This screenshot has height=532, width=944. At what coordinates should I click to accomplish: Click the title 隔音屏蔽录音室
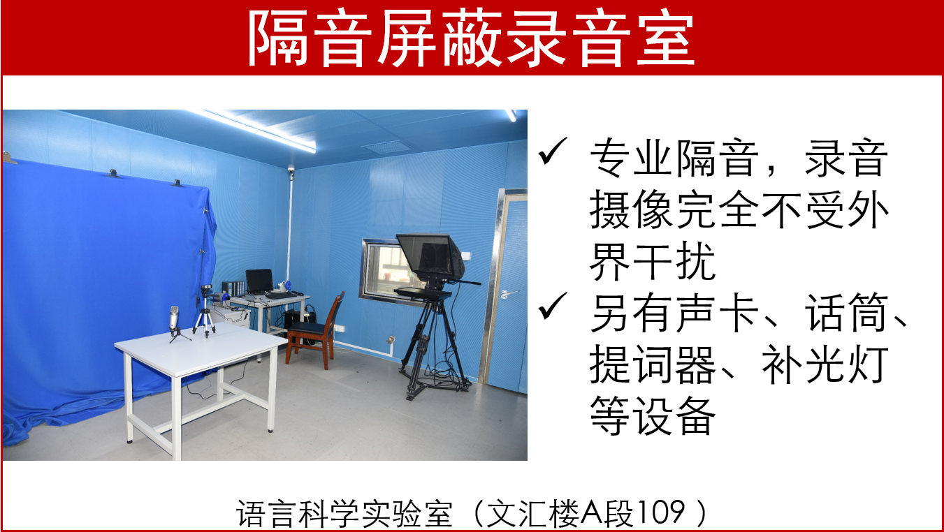(470, 38)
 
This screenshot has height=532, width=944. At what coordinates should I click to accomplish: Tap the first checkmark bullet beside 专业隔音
(553, 151)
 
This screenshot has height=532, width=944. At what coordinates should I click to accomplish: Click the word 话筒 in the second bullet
(846, 313)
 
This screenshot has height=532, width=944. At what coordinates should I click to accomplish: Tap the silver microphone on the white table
(174, 320)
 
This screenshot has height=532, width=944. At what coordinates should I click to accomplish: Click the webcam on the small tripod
(206, 289)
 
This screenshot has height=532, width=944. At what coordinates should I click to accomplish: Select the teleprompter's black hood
(430, 256)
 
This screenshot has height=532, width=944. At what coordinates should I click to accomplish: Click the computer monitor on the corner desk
(259, 281)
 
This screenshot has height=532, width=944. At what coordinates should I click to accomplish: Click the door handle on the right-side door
(507, 293)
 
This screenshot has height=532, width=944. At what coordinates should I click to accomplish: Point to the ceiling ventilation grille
(387, 147)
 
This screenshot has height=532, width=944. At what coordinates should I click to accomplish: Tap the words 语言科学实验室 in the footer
(344, 513)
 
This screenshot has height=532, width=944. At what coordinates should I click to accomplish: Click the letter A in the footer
(593, 512)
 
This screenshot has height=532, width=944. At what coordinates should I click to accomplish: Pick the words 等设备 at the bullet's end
(652, 416)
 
